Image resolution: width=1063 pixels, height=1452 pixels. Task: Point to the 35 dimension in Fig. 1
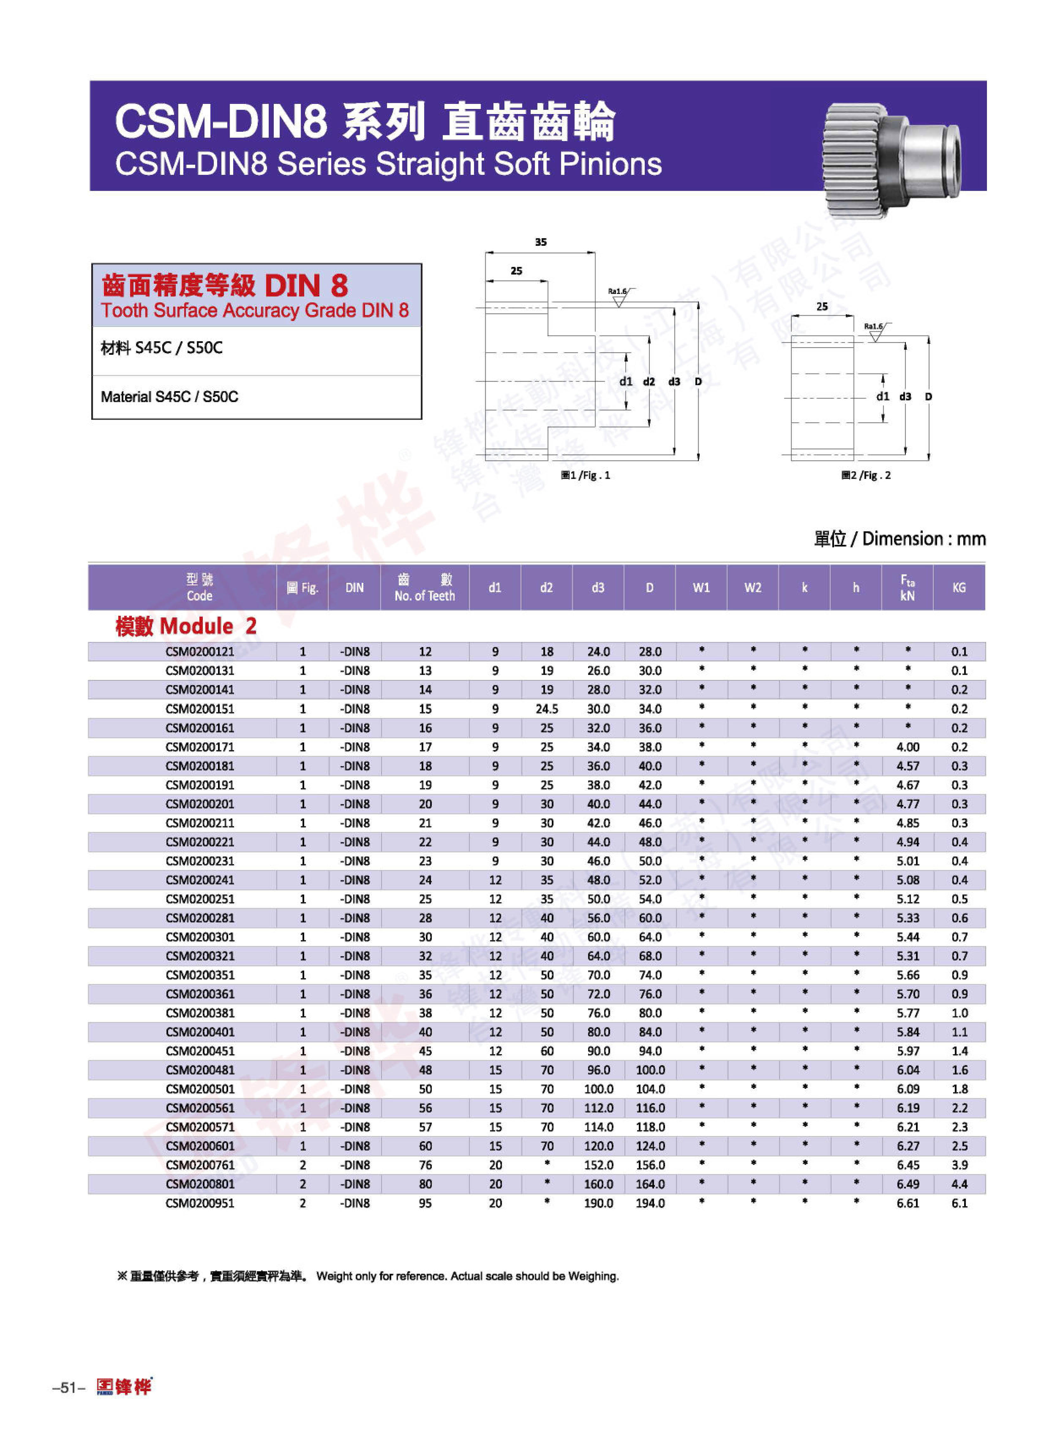pos(541,242)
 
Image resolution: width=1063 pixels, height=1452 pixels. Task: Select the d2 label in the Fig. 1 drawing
pos(649,381)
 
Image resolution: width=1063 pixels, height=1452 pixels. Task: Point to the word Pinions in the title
pos(610,164)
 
